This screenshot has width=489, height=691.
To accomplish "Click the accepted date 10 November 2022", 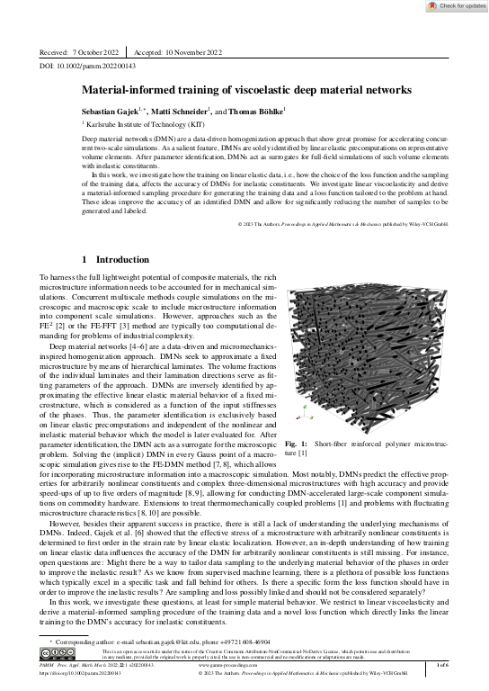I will [x=187, y=52].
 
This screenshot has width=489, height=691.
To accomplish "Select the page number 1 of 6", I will [x=441, y=667].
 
